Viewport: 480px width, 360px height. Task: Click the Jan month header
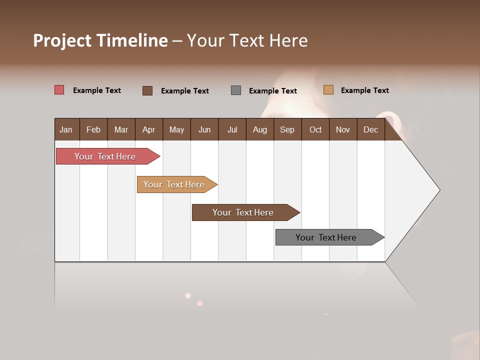click(66, 129)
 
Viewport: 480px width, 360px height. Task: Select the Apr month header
click(148, 129)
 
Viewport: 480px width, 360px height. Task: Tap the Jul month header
click(232, 129)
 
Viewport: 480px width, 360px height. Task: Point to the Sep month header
click(287, 129)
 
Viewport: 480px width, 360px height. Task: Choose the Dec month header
click(370, 129)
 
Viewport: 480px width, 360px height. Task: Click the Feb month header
click(93, 129)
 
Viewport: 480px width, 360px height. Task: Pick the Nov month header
click(342, 129)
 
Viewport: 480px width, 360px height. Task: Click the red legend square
click(59, 90)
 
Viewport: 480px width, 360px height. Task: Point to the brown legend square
click(147, 90)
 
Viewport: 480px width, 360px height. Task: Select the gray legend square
click(236, 90)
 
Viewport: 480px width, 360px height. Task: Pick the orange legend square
click(328, 90)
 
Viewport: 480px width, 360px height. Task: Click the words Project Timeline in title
click(100, 40)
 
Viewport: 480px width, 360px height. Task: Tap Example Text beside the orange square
click(364, 90)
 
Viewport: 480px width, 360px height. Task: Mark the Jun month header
click(204, 129)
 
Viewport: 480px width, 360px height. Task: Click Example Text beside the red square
click(96, 90)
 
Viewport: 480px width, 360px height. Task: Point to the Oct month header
click(315, 129)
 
